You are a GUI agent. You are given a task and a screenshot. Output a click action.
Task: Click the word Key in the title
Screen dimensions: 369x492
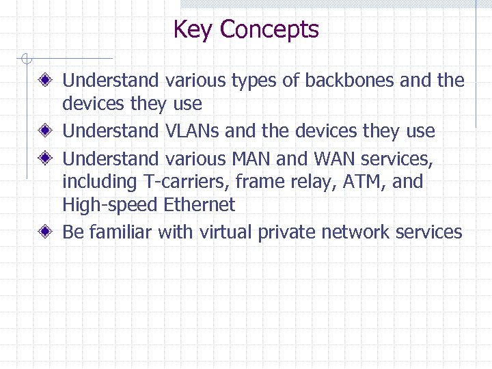point(193,30)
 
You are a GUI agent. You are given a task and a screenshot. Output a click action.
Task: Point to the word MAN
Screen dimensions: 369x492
point(251,159)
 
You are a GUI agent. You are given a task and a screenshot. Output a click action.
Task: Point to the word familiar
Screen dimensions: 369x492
point(120,232)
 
